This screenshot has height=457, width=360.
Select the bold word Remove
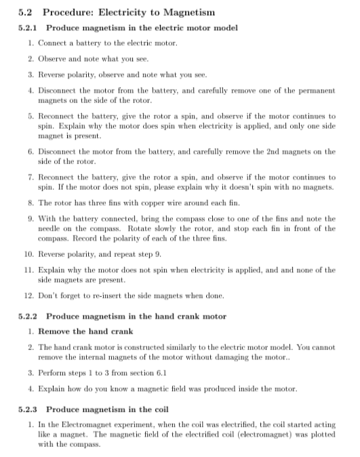click(x=54, y=332)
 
